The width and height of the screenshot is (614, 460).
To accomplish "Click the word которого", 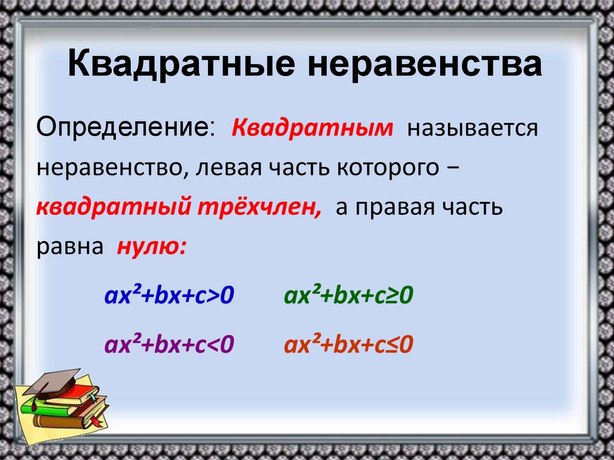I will click(x=387, y=169).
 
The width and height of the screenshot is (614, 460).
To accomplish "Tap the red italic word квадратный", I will click(x=112, y=208).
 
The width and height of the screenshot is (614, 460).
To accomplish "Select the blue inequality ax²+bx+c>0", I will click(x=169, y=296).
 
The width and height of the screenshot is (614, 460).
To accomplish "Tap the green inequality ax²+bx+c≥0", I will click(x=350, y=296).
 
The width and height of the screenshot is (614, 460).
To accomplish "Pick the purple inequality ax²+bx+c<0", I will click(x=169, y=345).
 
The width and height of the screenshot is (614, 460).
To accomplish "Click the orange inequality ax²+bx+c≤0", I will click(x=350, y=345).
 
